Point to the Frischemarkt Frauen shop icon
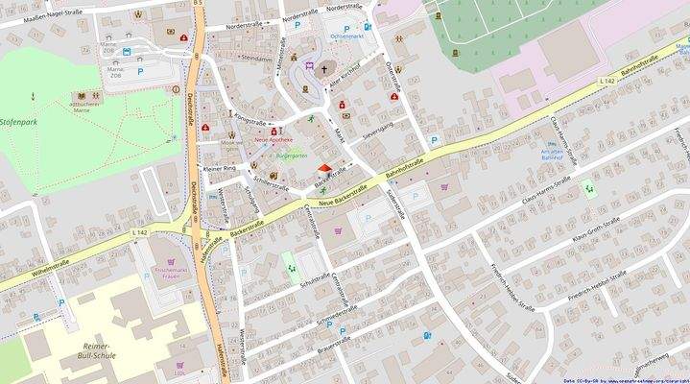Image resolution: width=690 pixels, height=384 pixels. pyautogui.click(x=171, y=260)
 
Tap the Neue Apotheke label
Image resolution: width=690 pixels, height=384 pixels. pyautogui.click(x=275, y=140)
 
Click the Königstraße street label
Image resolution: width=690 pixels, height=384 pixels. pyautogui.click(x=250, y=121)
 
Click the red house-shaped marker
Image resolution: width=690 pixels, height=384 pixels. pyautogui.click(x=322, y=170)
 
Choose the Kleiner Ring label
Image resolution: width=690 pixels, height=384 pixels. pyautogui.click(x=218, y=169)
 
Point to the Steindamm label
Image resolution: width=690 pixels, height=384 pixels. pyautogui.click(x=257, y=58)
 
